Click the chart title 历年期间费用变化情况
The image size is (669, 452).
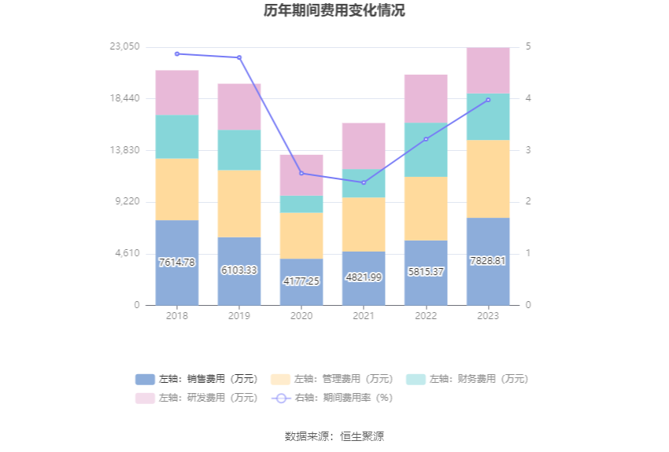click(x=334, y=11)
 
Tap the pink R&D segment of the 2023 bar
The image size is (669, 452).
click(x=488, y=71)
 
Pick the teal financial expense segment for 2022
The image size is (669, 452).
click(x=426, y=150)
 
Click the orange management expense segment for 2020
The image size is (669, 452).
click(x=301, y=235)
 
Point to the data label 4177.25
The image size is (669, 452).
click(x=301, y=281)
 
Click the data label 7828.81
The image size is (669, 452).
click(x=488, y=260)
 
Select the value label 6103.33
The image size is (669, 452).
click(x=239, y=270)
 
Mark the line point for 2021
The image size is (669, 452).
click(x=364, y=182)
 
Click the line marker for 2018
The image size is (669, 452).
click(x=177, y=53)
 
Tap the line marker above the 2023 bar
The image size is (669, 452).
click(x=488, y=100)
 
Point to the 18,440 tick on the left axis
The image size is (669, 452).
click(x=124, y=98)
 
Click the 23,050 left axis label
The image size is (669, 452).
click(x=124, y=47)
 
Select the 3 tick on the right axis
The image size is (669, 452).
click(x=529, y=150)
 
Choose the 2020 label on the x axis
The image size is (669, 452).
click(x=301, y=316)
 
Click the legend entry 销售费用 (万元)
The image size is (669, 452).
click(x=197, y=379)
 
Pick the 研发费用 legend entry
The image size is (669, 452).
click(x=197, y=398)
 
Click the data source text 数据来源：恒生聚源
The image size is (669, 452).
click(x=334, y=436)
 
